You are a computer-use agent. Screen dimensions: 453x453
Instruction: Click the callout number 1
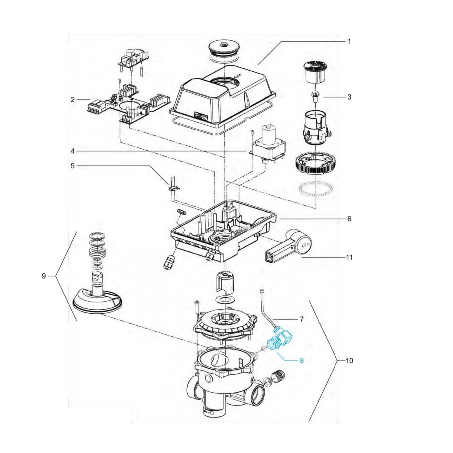coord(349,41)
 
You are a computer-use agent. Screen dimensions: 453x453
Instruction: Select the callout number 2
coord(72,100)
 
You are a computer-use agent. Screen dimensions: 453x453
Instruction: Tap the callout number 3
coord(349,97)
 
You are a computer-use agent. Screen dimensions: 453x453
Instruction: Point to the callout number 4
coord(72,151)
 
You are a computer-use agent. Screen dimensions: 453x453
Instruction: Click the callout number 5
coord(72,165)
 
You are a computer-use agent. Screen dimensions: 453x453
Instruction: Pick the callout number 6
coord(349,219)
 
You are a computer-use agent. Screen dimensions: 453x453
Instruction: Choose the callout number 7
coord(302,319)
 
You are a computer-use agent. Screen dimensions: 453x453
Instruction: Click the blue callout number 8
coord(302,361)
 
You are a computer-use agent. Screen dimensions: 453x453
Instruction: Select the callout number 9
coord(44,276)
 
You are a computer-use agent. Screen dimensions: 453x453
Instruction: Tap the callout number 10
coord(349,361)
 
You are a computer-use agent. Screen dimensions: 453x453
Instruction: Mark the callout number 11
coord(349,257)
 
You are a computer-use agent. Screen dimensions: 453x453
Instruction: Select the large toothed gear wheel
coord(312,163)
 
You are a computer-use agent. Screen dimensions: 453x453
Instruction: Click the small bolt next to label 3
coord(313,96)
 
